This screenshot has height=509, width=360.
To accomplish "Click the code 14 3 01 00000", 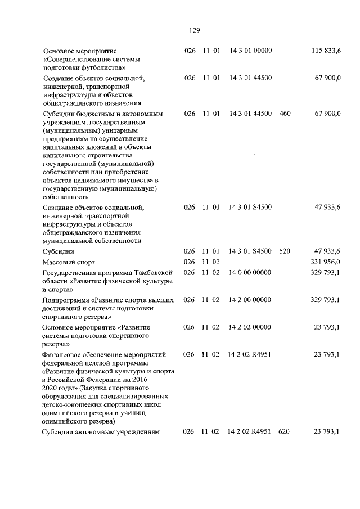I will pos(250,51).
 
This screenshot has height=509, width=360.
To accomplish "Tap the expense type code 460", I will pos(285,114).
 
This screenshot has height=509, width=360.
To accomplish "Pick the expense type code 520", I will pos(285,251).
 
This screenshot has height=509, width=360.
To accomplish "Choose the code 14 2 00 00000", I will pos(250,300).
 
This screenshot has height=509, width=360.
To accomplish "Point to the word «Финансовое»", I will pos(63,355).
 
